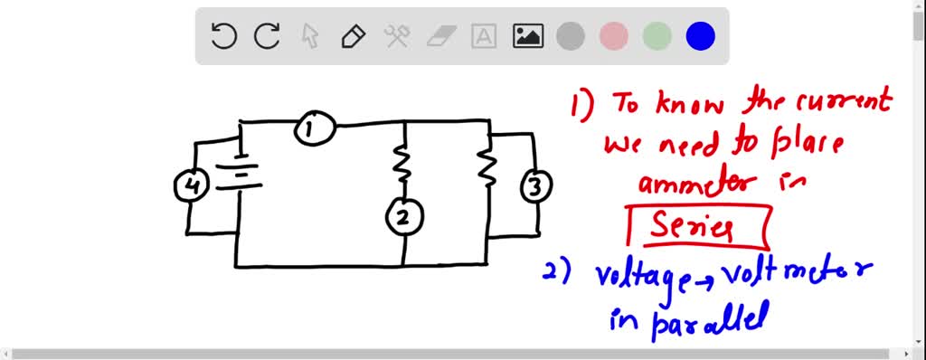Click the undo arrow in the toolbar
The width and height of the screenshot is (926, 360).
point(223,36)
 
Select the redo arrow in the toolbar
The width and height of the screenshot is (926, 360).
point(267,36)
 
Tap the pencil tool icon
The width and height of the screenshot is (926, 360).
point(353,36)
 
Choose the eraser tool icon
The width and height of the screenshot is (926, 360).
point(441,36)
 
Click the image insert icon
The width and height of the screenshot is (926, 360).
point(527,36)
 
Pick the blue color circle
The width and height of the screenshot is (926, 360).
point(701,36)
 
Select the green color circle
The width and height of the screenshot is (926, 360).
point(657,36)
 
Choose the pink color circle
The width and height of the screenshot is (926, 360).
point(614,36)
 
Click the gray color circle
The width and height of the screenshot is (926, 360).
point(571,36)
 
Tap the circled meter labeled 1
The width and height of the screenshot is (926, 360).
point(314,129)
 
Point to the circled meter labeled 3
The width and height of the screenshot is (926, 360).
point(535,187)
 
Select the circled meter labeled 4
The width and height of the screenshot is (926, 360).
point(191,186)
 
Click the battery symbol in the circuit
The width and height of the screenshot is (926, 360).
point(241,172)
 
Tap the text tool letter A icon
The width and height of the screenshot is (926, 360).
point(485,36)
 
